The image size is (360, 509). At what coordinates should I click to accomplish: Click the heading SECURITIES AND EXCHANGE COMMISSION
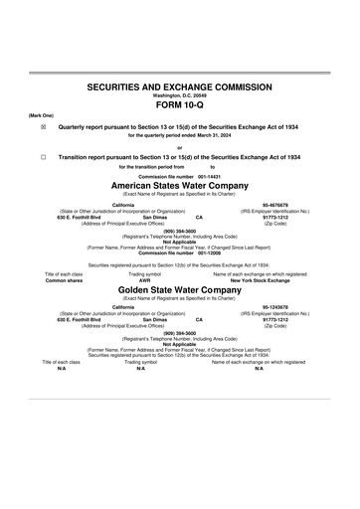click(180, 88)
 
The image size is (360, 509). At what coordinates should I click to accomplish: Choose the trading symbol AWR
click(152, 280)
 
